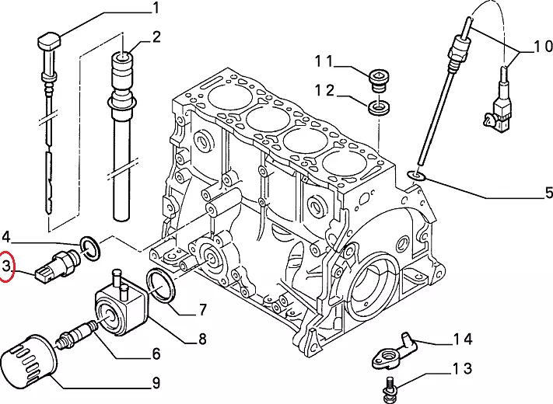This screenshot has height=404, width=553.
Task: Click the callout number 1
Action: point(155,9)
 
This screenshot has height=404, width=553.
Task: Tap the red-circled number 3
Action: point(7,269)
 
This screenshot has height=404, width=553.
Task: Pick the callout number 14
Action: point(463,338)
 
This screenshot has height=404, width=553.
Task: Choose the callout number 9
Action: point(156,382)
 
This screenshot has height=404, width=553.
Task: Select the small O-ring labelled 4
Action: point(90,248)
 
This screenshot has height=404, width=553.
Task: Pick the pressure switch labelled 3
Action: point(58,263)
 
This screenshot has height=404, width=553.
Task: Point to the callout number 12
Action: point(326,91)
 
